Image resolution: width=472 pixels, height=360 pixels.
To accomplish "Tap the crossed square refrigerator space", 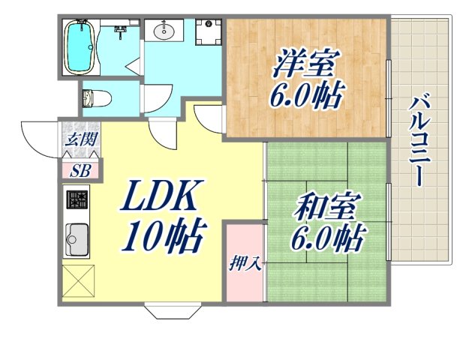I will pos(76,280).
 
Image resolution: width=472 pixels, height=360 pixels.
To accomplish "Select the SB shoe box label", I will pos(80,170).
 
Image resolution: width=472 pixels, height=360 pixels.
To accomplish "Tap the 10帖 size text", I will pos(164,238).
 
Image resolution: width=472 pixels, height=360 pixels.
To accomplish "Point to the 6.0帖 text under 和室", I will pos(329,240).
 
